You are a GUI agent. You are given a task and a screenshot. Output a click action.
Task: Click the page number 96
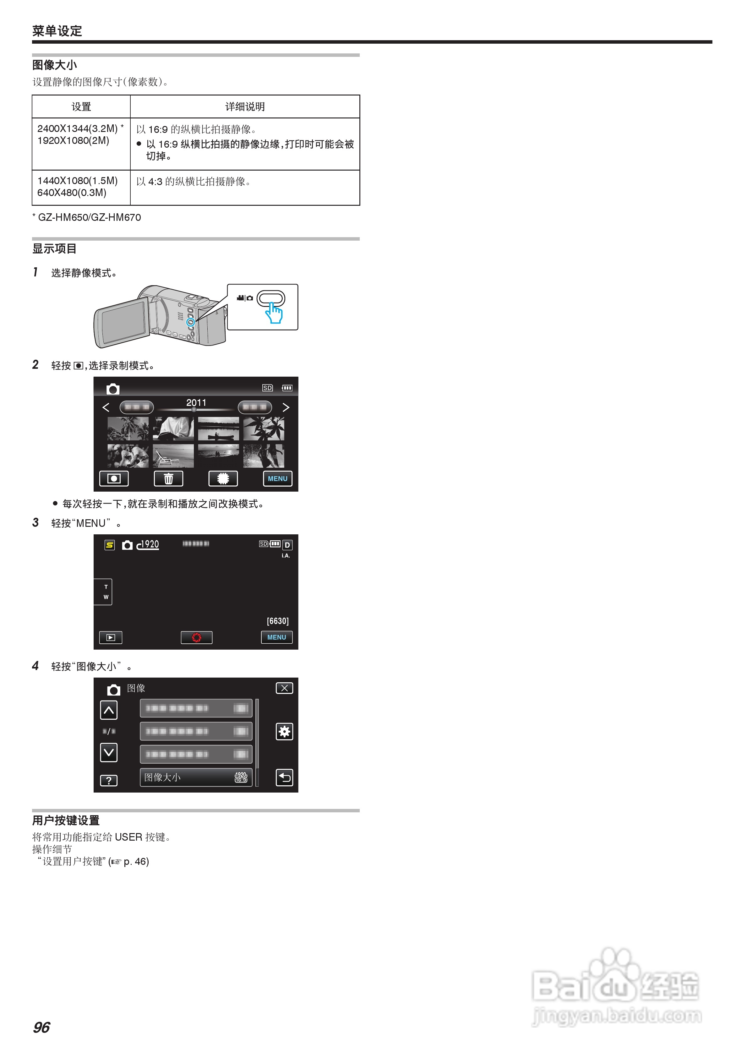(41, 1027)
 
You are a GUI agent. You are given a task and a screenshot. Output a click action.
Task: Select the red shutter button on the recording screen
(196, 637)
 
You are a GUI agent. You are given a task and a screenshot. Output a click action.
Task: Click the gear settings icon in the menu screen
(284, 731)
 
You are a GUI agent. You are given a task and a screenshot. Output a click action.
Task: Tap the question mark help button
(109, 780)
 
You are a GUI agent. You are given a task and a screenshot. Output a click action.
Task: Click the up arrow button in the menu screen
(109, 710)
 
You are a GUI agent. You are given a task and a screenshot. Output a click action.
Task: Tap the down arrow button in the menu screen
(109, 752)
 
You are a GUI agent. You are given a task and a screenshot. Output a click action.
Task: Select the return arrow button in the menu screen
(284, 777)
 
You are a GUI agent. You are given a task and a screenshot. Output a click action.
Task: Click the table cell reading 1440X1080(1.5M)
(77, 181)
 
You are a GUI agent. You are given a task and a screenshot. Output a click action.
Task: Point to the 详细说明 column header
(245, 107)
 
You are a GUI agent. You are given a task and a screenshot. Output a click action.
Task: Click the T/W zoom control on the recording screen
(106, 592)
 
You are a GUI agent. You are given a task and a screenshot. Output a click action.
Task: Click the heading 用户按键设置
(66, 820)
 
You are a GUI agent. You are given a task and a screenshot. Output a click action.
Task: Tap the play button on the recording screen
(111, 637)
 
